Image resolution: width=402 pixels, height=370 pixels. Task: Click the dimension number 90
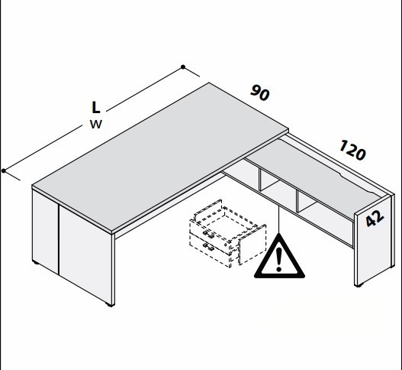259,93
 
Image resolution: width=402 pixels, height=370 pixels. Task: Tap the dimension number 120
352,150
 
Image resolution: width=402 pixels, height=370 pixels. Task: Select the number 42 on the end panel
375,218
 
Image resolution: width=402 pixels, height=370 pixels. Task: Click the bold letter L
96,107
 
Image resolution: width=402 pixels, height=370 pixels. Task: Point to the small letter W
96,125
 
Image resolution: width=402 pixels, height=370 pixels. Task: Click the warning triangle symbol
279,257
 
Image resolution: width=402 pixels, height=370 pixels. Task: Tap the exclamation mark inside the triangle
279,260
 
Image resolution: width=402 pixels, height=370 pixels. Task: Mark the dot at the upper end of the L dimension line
183,67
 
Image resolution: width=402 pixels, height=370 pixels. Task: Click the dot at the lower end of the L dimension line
4,171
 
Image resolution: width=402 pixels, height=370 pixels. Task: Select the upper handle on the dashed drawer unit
208,234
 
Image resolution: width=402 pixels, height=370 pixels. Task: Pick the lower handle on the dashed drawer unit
208,247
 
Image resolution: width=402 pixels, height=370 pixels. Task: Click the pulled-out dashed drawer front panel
252,245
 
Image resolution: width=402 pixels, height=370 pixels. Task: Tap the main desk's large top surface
160,157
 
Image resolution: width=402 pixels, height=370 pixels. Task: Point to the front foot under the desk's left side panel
110,305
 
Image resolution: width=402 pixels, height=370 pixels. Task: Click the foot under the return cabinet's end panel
359,285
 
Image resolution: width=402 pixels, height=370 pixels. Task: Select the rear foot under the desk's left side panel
36,263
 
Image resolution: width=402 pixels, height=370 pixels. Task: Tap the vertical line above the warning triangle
279,219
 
